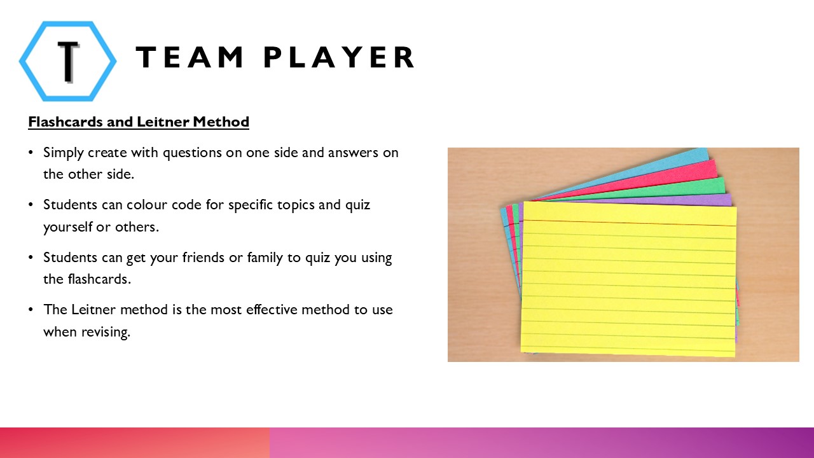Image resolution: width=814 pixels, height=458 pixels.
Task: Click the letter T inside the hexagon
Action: click(x=67, y=62)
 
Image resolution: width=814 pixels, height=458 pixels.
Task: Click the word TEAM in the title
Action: click(x=190, y=58)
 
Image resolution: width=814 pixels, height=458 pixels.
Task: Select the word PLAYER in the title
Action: click(x=340, y=58)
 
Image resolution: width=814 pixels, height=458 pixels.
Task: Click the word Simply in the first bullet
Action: click(x=62, y=153)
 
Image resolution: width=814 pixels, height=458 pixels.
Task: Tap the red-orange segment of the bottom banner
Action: click(x=134, y=443)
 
